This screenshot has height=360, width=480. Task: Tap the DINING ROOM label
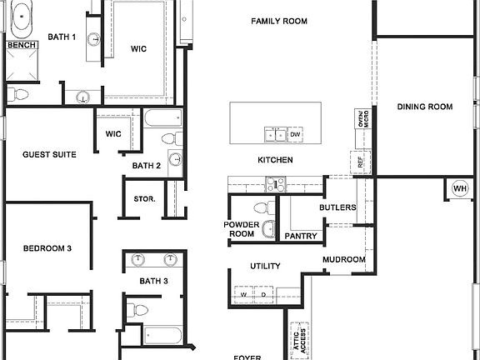pyautogui.click(x=424, y=107)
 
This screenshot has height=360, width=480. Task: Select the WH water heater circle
pyautogui.click(x=460, y=189)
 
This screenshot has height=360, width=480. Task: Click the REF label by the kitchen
pyautogui.click(x=361, y=163)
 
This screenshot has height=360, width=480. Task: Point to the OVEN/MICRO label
pyautogui.click(x=361, y=121)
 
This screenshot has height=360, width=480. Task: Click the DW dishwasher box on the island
pyautogui.click(x=295, y=134)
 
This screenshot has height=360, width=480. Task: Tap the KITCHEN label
pyautogui.click(x=275, y=160)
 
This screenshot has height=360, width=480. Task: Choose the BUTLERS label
pyautogui.click(x=337, y=207)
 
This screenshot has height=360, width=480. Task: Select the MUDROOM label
pyautogui.click(x=344, y=260)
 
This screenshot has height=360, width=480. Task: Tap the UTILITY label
pyautogui.click(x=265, y=267)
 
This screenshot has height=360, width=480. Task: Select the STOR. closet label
pyautogui.click(x=144, y=199)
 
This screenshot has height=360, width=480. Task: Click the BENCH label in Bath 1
pyautogui.click(x=21, y=44)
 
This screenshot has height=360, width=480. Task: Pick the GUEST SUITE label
pyautogui.click(x=49, y=154)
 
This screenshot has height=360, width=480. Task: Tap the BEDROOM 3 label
pyautogui.click(x=47, y=248)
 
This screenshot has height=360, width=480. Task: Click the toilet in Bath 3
pyautogui.click(x=140, y=311)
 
